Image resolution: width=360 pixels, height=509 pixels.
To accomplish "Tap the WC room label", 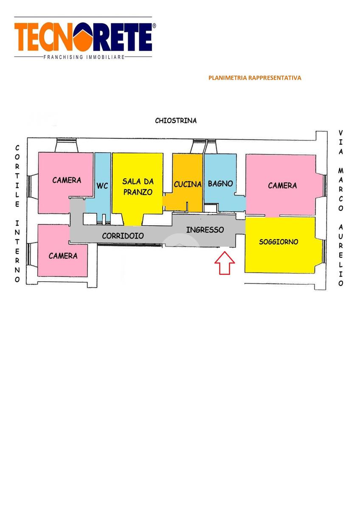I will pos(102,186).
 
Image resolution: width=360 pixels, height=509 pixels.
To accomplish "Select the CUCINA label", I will pos(187,185).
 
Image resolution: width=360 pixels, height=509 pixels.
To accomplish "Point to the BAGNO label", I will pos(220,184).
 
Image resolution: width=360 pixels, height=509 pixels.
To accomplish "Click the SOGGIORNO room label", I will pos(278,242).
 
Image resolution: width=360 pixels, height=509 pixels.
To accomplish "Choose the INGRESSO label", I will pos(205,230).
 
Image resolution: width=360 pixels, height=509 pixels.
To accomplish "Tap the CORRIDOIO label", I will pos(123,235).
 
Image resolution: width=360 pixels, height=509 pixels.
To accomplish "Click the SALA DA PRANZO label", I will pos(138,186).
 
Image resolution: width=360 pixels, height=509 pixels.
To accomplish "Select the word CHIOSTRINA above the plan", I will pos(176,120).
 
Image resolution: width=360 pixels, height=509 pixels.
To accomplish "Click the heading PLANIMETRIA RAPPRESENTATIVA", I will pos(255,78).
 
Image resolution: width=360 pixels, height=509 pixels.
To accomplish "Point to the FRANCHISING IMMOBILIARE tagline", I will pos(84,57).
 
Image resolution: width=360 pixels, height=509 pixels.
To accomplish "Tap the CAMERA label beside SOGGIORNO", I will pos(282,185).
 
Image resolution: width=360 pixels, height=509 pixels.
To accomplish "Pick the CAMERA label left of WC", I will pos(67,180).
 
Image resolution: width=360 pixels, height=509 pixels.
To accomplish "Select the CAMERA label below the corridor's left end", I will pos(63,256).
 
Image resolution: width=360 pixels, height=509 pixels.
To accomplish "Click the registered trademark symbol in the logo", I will pos(154,26).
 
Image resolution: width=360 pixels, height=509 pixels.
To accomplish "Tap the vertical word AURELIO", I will pos(340,255).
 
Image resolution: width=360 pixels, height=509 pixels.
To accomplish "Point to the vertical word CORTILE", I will pos(17,176).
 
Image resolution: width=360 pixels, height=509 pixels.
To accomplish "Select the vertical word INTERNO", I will pos(17,251).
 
